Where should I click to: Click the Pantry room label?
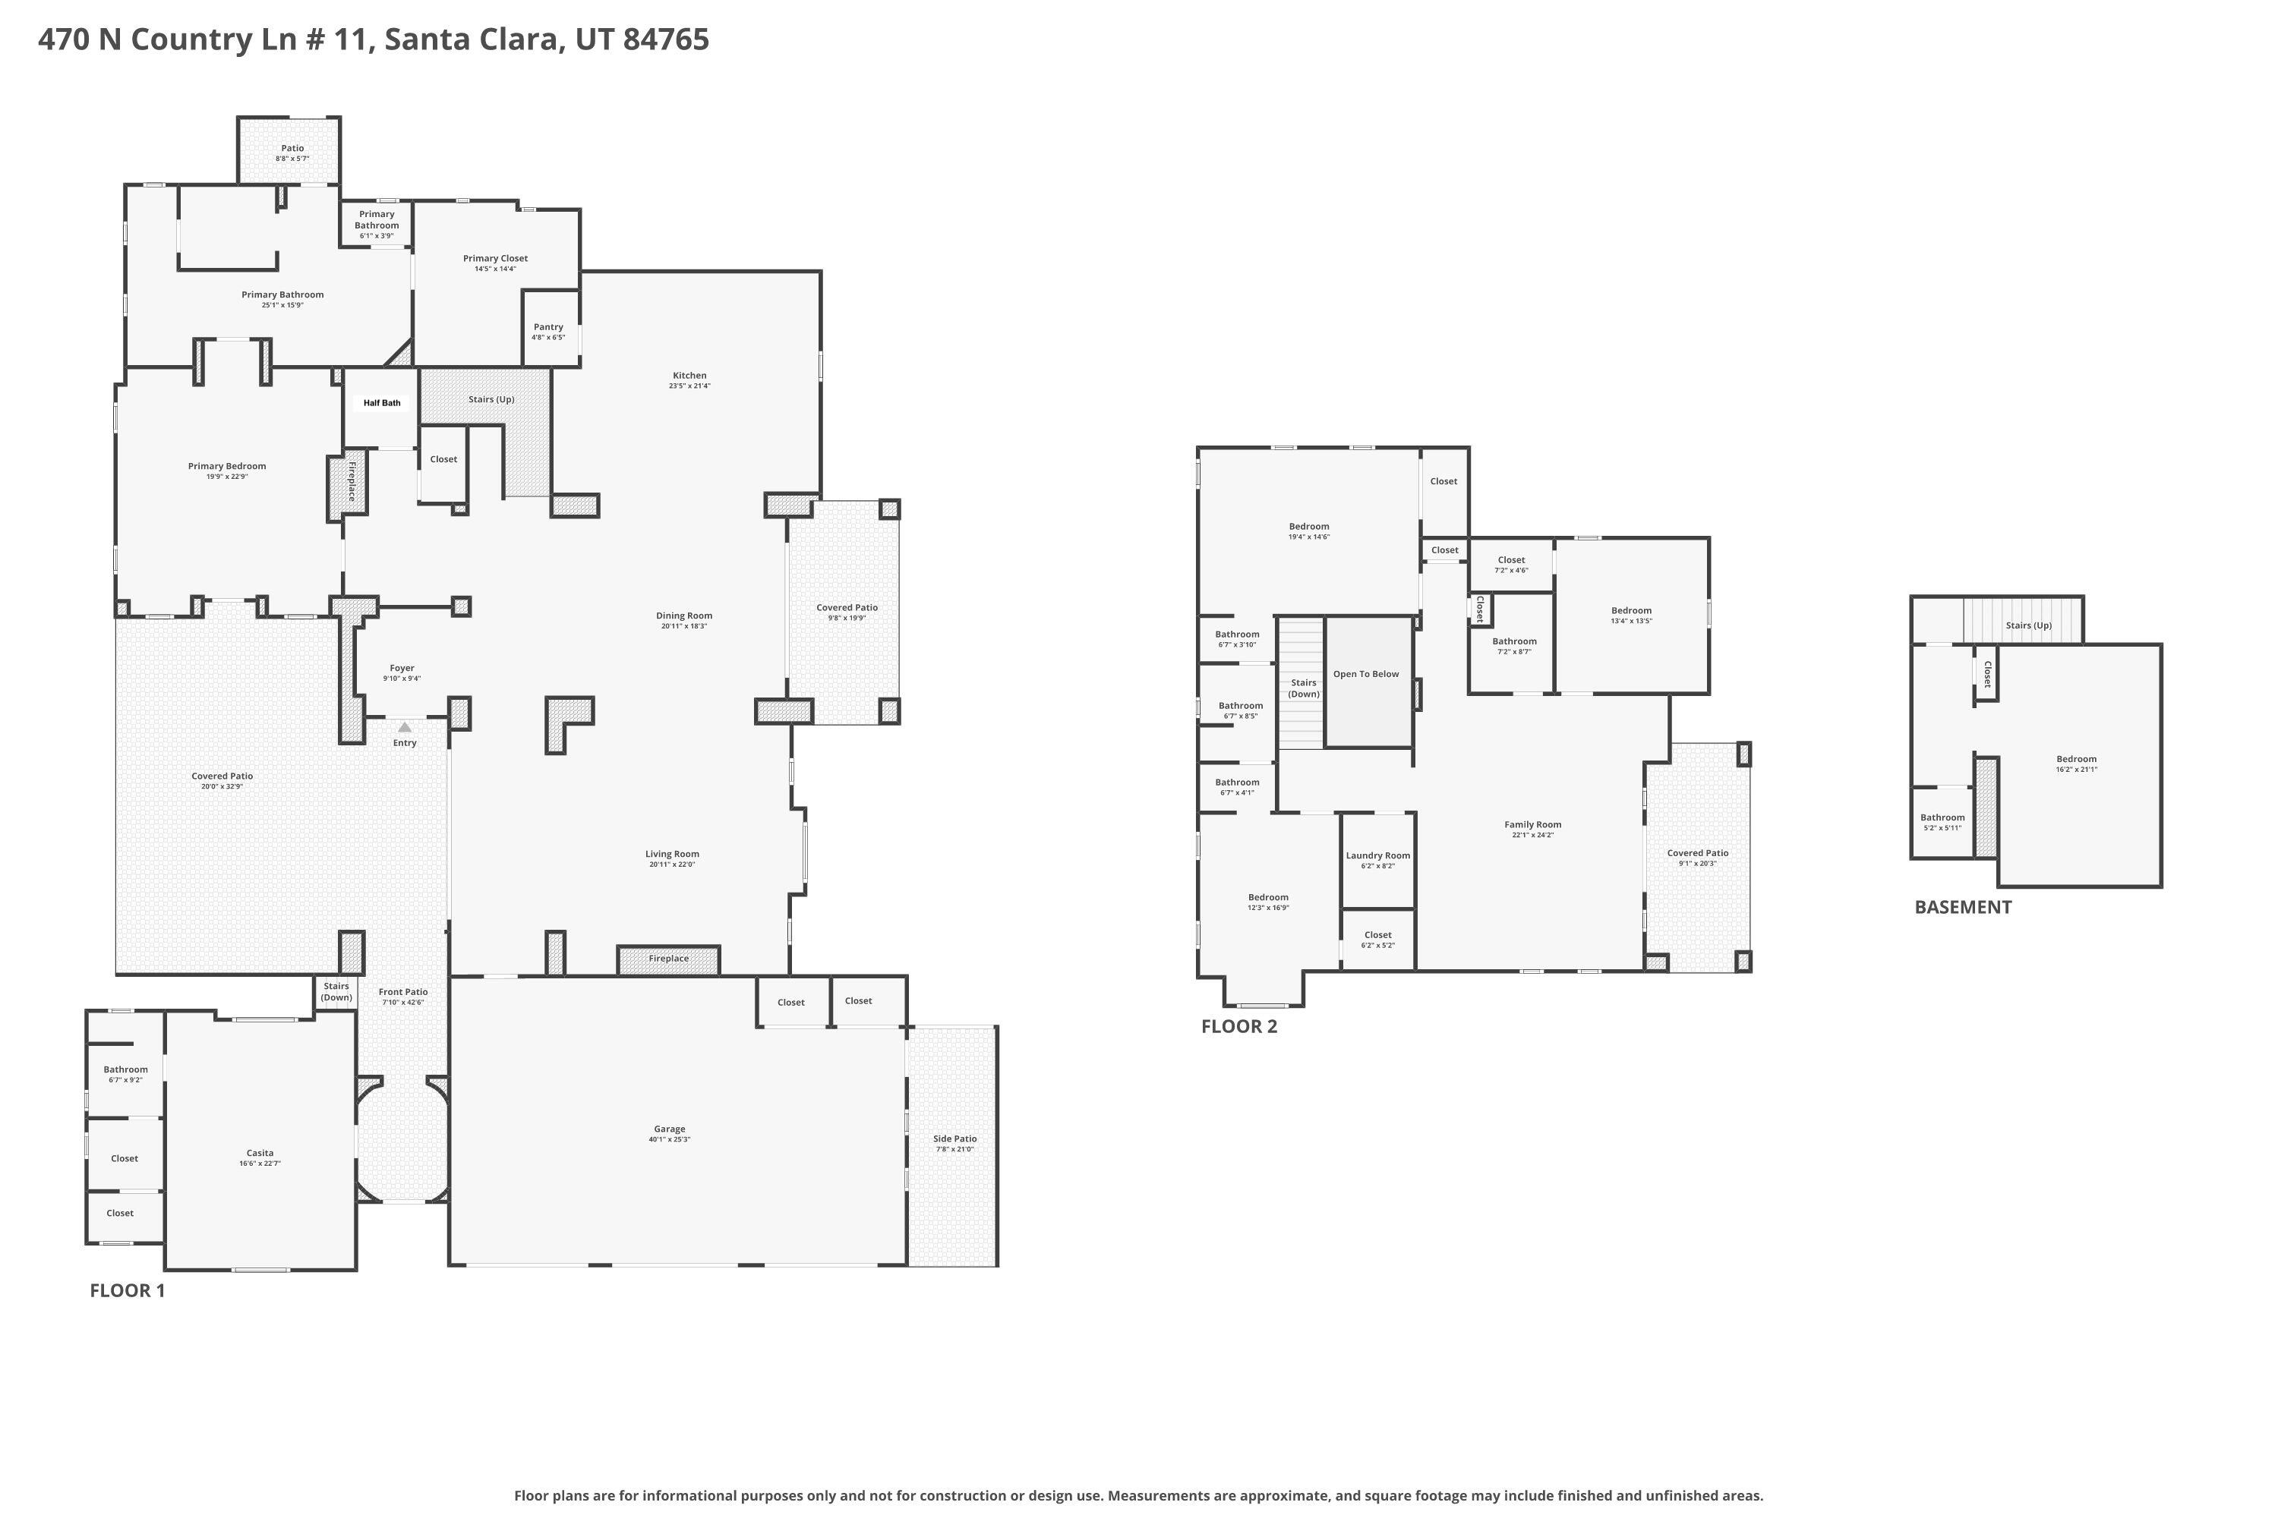point(548,327)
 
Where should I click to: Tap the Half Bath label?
point(382,403)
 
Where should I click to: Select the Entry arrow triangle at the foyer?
point(405,727)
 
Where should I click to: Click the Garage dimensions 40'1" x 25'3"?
point(669,1139)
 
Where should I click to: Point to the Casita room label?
point(260,1153)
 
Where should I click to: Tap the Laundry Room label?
point(1377,856)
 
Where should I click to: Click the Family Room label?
point(1532,825)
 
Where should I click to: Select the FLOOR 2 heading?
point(1238,1027)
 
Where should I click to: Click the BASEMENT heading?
point(1962,907)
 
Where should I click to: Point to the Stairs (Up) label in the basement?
point(2028,625)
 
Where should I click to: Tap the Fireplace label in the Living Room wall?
point(668,959)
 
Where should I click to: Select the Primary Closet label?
point(495,259)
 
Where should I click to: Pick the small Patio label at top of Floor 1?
point(292,148)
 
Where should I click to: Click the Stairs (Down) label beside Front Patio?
point(336,991)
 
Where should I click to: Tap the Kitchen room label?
point(689,376)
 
